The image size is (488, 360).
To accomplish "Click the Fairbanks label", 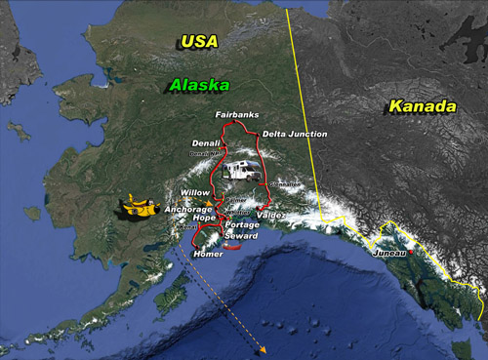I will tap(237, 116).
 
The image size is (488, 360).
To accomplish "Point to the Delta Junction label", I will tap(295, 134).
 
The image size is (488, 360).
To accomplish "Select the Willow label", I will tap(195, 193).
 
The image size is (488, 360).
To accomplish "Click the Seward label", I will tap(240, 236).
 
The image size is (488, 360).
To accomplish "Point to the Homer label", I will tap(209, 255).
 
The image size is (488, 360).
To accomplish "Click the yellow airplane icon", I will tap(136, 208).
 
